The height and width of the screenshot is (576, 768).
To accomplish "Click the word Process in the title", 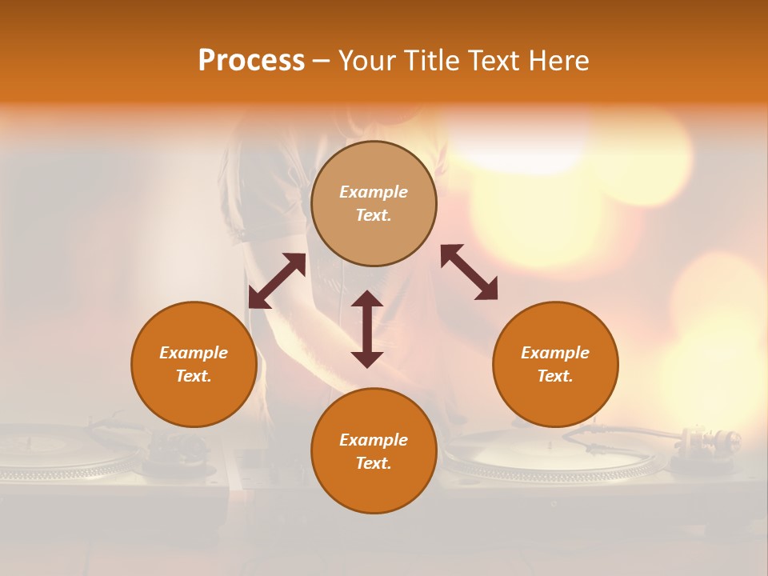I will [x=251, y=61].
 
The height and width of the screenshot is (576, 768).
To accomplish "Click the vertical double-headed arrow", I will [x=367, y=329].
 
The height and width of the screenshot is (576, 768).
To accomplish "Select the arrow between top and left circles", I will [x=277, y=281].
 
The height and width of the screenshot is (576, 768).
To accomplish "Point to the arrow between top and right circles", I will [x=470, y=272].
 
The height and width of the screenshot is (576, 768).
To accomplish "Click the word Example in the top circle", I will [x=374, y=192].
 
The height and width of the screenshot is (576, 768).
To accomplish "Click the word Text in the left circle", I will [x=194, y=376].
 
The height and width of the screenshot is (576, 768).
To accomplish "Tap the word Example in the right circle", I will [x=555, y=353].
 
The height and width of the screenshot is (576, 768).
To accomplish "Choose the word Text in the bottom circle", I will [x=374, y=463].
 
